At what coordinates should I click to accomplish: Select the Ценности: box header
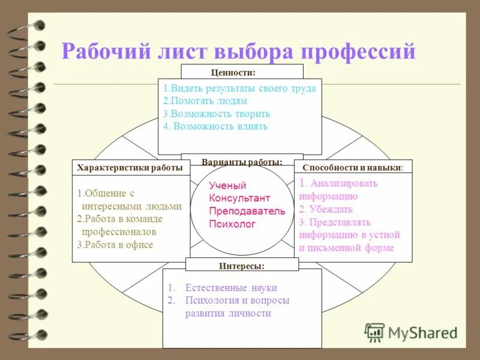(x=233, y=72)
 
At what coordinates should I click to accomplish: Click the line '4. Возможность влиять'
(x=215, y=126)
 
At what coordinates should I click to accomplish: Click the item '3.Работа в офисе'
(x=115, y=244)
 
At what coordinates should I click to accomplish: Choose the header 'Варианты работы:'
(x=242, y=163)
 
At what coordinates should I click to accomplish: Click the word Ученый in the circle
(x=227, y=185)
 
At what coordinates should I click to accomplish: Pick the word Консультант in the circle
(x=239, y=198)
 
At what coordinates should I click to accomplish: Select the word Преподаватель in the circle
(x=247, y=211)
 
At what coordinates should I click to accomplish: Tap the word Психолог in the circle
(x=232, y=224)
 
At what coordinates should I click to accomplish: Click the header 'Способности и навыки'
(x=353, y=168)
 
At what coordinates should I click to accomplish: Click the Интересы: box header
(x=242, y=265)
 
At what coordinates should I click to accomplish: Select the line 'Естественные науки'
(x=231, y=288)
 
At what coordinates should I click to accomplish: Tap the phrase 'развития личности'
(x=228, y=313)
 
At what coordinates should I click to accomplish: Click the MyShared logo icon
(x=374, y=332)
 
